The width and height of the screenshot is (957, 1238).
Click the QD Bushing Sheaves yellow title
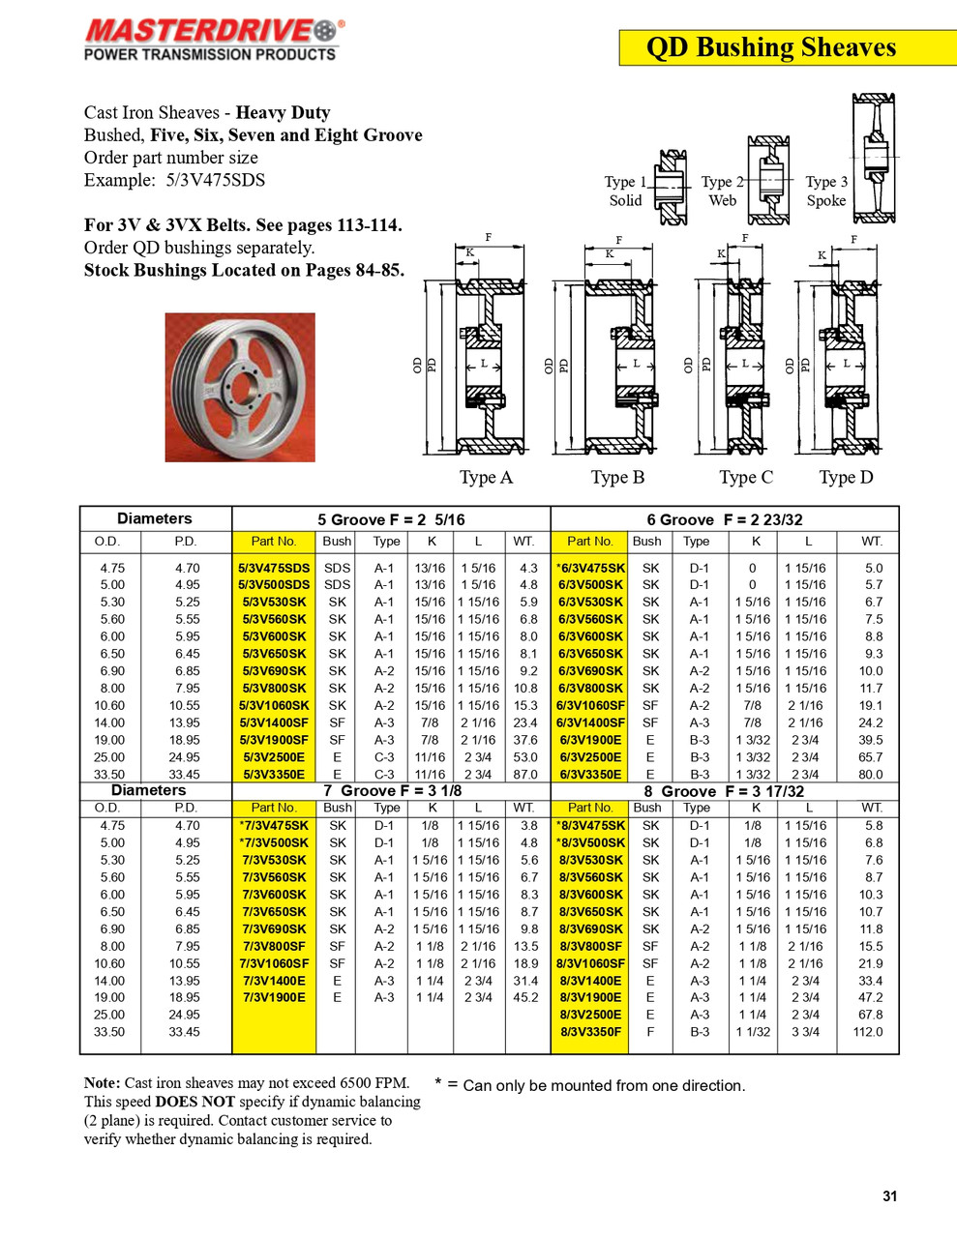(x=770, y=47)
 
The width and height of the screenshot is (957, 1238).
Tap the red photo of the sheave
(x=240, y=387)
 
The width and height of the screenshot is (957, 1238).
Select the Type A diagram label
(x=486, y=477)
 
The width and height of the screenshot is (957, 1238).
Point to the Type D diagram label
(x=845, y=477)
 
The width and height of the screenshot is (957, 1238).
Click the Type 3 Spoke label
(x=825, y=192)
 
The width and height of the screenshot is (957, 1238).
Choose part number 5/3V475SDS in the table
(x=274, y=568)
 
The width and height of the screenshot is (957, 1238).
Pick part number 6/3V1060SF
(x=590, y=705)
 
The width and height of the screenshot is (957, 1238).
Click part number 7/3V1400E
(x=274, y=980)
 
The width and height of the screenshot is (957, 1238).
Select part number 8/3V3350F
(x=590, y=1032)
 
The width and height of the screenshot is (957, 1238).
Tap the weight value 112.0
(x=868, y=1032)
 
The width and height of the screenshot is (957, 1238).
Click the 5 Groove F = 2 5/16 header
(x=391, y=519)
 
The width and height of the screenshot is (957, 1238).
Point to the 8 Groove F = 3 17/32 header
(x=724, y=791)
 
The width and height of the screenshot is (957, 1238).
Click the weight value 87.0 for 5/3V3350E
(x=525, y=774)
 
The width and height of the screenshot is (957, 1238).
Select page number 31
(x=889, y=1195)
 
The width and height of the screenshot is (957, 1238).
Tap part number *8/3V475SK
(x=590, y=825)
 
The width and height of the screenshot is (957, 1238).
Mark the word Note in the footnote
(x=102, y=1083)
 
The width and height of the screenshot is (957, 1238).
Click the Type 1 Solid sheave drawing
(x=670, y=188)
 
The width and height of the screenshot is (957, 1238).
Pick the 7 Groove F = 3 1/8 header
(x=392, y=791)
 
